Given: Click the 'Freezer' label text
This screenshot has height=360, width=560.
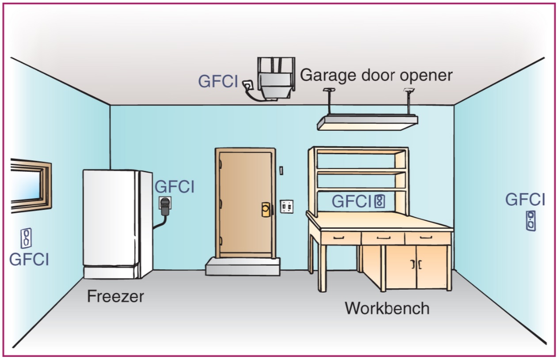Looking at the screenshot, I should click(115, 296).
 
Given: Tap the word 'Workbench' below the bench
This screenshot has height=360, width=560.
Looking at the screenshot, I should click(387, 307).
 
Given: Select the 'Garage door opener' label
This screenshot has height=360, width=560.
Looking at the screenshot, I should click(376, 75).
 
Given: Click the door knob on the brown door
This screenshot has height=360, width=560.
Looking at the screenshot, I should click(266, 209).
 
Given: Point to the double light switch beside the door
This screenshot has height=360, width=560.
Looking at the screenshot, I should click(286, 206).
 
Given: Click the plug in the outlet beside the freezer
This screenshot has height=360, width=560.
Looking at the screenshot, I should click(165, 206).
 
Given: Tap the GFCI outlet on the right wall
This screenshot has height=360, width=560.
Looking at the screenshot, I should click(531, 220).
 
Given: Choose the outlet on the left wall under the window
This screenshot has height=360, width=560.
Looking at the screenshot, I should click(26, 238).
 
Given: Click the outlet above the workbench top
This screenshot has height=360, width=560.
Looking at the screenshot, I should click(379, 201).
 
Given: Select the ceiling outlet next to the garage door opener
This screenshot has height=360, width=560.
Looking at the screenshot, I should click(248, 83).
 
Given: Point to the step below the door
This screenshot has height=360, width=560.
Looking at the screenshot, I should click(243, 266).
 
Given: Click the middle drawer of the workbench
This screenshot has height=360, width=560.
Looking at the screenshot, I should click(383, 238).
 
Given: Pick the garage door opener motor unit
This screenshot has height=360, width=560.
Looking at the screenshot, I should click(276, 80).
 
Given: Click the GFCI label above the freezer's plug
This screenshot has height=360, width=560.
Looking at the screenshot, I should click(174, 187).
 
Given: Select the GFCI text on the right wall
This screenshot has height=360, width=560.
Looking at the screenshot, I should click(525, 200).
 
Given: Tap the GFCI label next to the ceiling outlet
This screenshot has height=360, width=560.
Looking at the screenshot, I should click(218, 81).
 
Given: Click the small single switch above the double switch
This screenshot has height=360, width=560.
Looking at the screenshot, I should click(281, 170).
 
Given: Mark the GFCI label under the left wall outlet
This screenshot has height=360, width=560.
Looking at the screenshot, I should click(29, 259).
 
